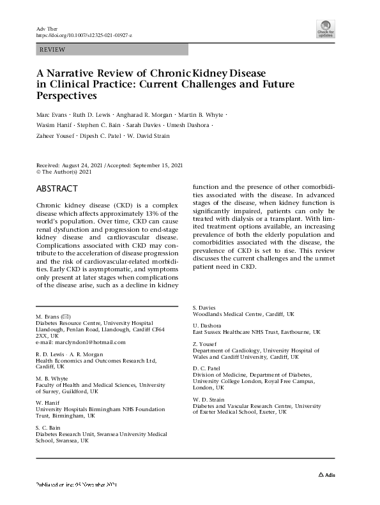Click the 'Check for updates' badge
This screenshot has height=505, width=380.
tap(326, 29)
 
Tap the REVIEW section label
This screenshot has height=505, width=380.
tap(52, 49)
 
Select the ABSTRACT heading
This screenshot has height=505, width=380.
tap(57, 188)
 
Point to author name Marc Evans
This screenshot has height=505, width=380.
tap(52, 114)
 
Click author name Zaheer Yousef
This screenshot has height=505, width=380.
tap(55, 136)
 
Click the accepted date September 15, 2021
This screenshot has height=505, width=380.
tap(156, 164)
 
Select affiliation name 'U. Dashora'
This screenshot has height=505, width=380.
tap(207, 326)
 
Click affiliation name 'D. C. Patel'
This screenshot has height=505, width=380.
tap(207, 368)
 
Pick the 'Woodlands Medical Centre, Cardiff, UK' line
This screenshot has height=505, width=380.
tap(243, 314)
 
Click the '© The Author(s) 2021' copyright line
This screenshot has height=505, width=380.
tap(65, 171)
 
